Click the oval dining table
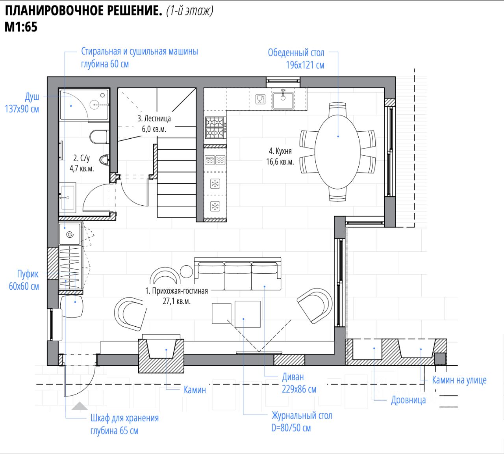[338, 152]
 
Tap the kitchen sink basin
[283, 100]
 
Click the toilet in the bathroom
[99, 137]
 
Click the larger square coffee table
[248, 314]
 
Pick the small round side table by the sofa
[186, 272]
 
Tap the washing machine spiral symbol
[70, 234]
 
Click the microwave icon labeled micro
[209, 160]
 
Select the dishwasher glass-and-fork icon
[260, 99]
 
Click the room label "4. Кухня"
[280, 151]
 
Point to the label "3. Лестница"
[154, 119]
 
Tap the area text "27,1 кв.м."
[177, 301]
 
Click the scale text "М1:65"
[21, 27]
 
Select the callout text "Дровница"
[408, 400]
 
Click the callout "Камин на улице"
[459, 380]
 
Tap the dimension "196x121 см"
[305, 65]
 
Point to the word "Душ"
[32, 97]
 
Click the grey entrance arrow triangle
[80, 406]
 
